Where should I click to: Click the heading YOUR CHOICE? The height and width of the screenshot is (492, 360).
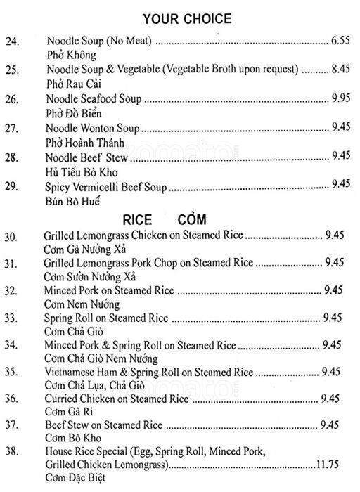tap(186, 18)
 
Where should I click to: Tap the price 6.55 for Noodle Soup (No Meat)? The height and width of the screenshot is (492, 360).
tap(340, 42)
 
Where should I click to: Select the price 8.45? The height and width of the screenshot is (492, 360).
tap(340, 70)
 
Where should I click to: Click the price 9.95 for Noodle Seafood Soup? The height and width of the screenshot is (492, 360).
tap(340, 98)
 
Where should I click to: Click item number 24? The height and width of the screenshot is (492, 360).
tap(13, 43)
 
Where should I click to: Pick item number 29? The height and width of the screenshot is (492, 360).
tap(14, 184)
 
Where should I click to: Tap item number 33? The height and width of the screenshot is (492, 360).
tap(14, 318)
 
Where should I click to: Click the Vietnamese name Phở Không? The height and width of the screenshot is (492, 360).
tap(70, 55)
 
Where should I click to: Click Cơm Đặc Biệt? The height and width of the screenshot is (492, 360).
tap(74, 478)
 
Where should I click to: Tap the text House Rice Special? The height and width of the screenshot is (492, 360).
tap(88, 452)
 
